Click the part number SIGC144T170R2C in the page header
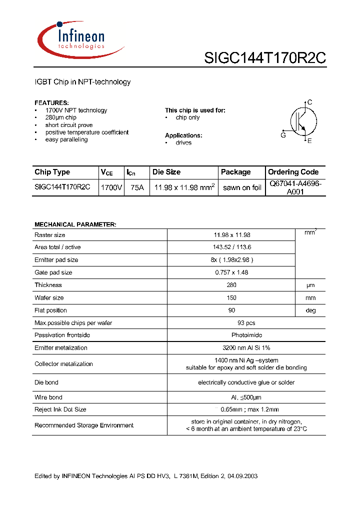[265, 58]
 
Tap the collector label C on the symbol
[310, 102]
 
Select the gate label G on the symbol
[283, 135]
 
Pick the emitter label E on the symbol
[309, 141]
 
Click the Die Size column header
[166, 172]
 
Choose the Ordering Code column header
[293, 172]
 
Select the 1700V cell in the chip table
[111, 187]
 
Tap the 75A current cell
[136, 187]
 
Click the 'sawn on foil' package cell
[242, 187]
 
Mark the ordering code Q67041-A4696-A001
[295, 187]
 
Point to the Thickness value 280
[231, 285]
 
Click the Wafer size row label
[49, 297]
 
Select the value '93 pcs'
[246, 322]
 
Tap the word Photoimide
[246, 335]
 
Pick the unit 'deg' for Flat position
[311, 310]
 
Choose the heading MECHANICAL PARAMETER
[75, 224]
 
